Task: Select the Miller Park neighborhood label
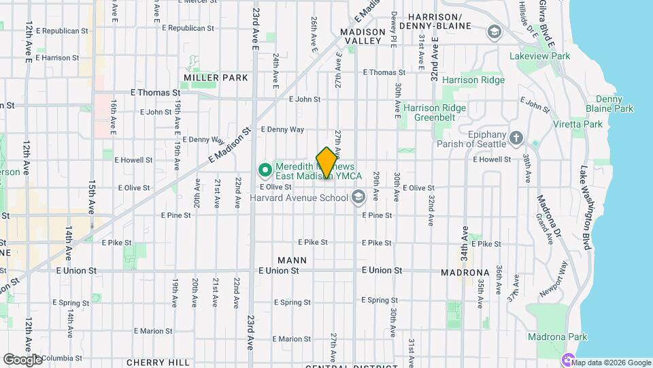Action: (215, 78)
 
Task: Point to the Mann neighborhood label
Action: (292, 260)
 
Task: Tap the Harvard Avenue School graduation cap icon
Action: (357, 198)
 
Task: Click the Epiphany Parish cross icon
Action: (516, 138)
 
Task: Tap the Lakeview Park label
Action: (543, 56)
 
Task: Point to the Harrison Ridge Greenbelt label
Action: (434, 112)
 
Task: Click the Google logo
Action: (22, 359)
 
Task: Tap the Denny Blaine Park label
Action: (609, 104)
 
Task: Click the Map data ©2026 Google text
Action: (613, 363)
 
